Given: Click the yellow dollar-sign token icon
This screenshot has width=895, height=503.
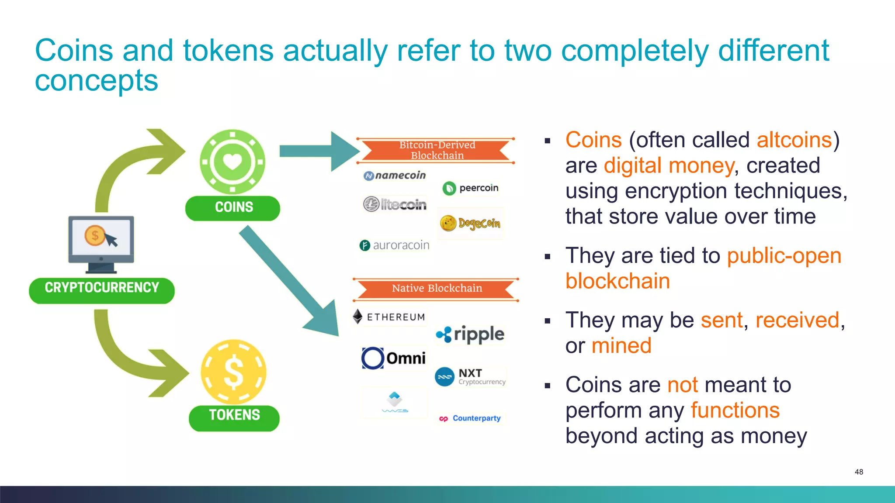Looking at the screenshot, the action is (233, 372).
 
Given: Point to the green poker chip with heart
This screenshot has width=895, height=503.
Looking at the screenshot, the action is (232, 162).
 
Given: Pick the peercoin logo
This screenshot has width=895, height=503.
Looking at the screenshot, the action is (471, 188).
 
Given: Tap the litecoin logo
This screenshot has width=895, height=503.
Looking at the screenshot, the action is (395, 204).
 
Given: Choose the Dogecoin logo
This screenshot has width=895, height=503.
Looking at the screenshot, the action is (471, 224).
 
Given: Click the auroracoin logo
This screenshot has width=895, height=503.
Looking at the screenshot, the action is (395, 245).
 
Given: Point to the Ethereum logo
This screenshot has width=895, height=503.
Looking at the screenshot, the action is (389, 317).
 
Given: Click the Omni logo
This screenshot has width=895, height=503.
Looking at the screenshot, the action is (394, 358).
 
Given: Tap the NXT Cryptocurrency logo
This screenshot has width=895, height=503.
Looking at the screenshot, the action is (471, 377).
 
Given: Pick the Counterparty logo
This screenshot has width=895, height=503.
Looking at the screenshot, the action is (471, 418).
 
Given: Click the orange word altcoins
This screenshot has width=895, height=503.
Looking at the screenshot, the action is (794, 141).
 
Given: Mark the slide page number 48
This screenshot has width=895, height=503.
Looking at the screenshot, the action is (859, 472).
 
